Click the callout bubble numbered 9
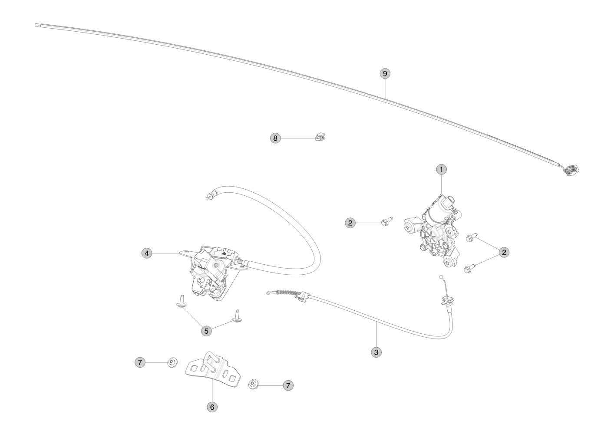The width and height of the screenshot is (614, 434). pyautogui.click(x=385, y=74)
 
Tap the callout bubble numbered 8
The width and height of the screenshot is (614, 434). pyautogui.click(x=275, y=138)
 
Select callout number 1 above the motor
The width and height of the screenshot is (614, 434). pyautogui.click(x=441, y=170)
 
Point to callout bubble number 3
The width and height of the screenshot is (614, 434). pyautogui.click(x=376, y=352)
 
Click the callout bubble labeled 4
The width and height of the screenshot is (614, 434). pyautogui.click(x=147, y=253)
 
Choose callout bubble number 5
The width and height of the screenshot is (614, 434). pyautogui.click(x=206, y=331)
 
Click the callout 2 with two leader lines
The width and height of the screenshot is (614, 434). pyautogui.click(x=504, y=252)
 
